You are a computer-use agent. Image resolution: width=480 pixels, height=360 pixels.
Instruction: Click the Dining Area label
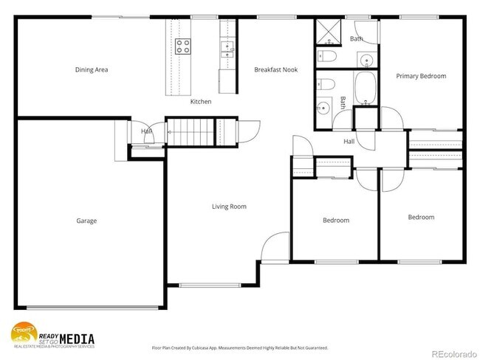92,70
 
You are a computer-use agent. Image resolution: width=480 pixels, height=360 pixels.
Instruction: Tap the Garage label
86,221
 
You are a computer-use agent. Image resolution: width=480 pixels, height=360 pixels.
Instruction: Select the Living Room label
229,207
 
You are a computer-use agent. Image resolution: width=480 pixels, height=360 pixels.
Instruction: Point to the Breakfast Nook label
272,70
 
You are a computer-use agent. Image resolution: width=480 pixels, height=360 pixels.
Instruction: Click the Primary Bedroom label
421,76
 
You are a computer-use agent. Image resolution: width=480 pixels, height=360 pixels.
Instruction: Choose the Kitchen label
201,101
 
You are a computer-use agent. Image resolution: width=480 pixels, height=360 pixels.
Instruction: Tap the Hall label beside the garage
146,132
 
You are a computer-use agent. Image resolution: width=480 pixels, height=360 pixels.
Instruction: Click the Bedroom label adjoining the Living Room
335,221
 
